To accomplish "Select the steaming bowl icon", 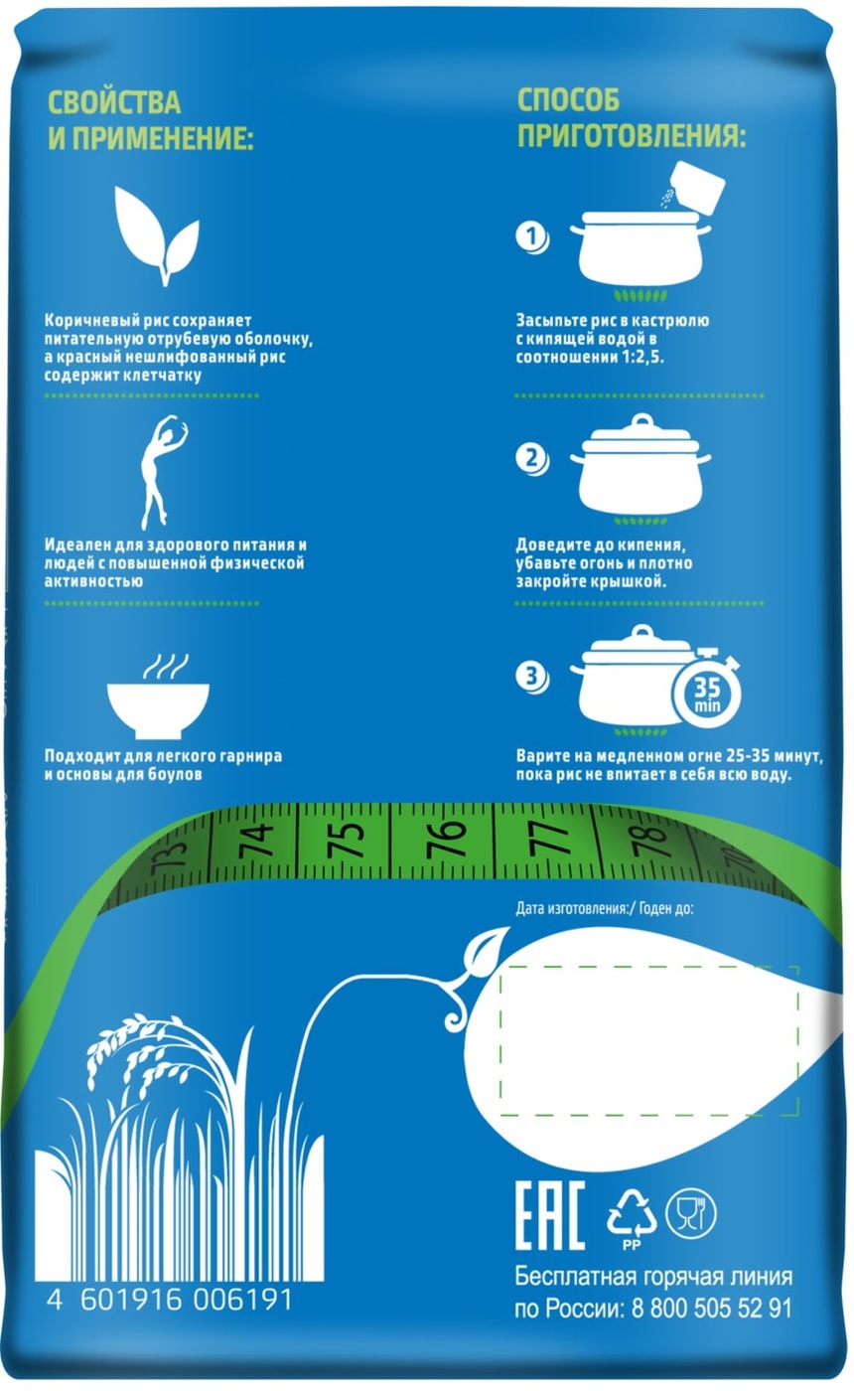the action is (x=158, y=696).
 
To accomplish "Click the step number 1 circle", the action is (x=532, y=237).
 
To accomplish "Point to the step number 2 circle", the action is (x=532, y=460).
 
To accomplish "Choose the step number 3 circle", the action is (x=532, y=677).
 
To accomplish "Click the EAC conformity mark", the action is (x=550, y=1216).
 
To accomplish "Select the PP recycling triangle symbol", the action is (x=632, y=1217).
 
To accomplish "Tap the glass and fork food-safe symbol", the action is (x=691, y=1213).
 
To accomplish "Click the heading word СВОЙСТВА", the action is (x=115, y=102).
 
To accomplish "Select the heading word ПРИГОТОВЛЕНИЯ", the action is (x=632, y=135).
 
